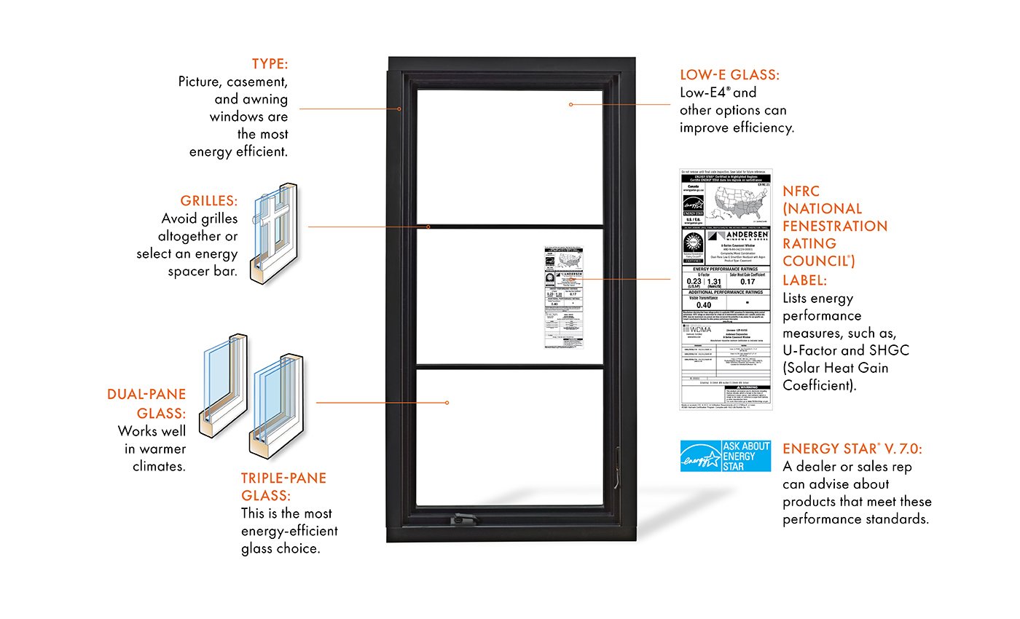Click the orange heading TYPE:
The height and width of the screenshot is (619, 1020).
[270, 63]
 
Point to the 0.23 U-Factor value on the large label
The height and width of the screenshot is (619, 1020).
[693, 280]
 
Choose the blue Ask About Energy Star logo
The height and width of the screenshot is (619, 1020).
[725, 456]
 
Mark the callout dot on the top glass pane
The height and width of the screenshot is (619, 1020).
[571, 104]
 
